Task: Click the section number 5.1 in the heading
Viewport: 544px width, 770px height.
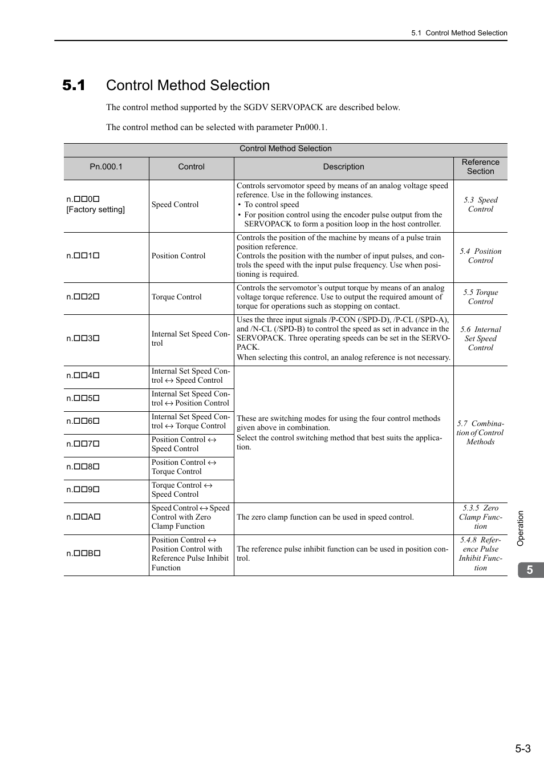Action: pos(74,86)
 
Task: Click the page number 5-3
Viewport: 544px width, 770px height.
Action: pos(522,748)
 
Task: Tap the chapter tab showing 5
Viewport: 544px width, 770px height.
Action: pos(530,570)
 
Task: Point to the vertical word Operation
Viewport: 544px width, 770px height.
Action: pos(520,528)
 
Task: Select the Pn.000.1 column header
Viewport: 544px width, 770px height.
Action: pos(106,167)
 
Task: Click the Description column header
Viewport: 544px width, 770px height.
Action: pos(343,167)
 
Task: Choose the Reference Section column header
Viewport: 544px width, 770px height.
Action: pos(480,167)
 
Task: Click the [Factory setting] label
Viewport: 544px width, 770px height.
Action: pos(96,209)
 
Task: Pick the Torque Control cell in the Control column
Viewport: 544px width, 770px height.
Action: pos(177,297)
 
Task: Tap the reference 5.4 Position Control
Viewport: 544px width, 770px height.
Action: pos(480,256)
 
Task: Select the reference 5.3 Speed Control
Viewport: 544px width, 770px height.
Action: pos(480,204)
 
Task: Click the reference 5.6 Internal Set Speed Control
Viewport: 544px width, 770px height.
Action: pos(480,338)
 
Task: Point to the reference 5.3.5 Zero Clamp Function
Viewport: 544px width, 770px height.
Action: pos(480,517)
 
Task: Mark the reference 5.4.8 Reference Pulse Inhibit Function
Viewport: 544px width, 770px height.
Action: pos(480,553)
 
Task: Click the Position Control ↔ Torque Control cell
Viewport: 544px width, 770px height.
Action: pos(184,467)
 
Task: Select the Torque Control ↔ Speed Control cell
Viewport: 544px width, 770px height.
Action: pos(182,490)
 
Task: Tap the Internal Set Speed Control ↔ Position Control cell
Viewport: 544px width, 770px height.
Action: pos(190,399)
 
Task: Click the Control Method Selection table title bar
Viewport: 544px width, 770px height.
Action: pos(285,149)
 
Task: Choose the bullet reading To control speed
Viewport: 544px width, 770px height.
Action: pos(271,205)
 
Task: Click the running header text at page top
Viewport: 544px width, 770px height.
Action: pos(459,33)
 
